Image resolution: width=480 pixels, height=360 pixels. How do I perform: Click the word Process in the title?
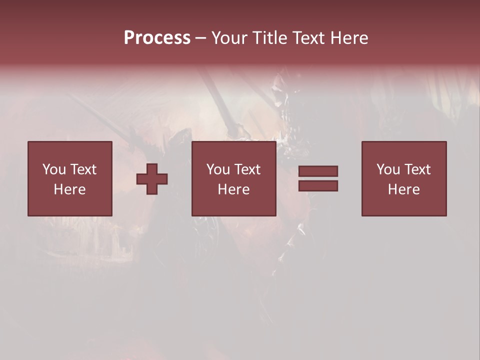coord(157,38)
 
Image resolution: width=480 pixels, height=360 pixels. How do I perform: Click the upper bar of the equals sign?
coord(318,171)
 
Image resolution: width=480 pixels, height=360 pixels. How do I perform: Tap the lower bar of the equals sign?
coord(318,186)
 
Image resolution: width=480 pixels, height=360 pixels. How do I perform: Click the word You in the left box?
coord(54,169)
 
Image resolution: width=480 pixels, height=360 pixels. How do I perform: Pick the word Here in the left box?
coord(69,189)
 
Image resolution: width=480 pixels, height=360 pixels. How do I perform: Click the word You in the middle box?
coord(218,169)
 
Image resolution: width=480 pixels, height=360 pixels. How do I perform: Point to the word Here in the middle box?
coord(233,189)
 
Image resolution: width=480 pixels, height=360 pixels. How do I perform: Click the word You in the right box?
coord(388,169)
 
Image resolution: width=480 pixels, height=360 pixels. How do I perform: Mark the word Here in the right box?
coord(403,189)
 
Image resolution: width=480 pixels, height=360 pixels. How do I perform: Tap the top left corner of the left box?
coord(28,142)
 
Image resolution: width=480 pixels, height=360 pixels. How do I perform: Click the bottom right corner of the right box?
coord(446,215)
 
